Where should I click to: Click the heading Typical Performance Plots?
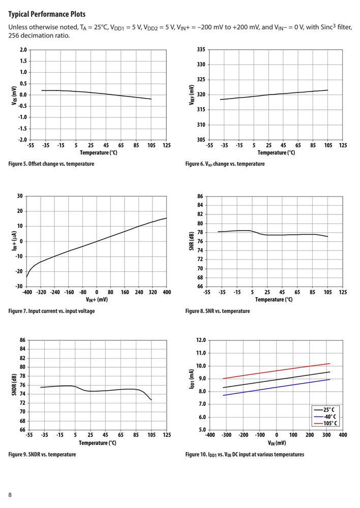(x=47, y=14)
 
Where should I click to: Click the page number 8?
(x=10, y=495)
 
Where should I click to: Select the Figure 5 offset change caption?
(x=51, y=164)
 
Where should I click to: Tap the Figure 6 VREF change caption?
(x=225, y=164)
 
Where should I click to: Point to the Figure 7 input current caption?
(x=51, y=311)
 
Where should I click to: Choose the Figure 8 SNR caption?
(x=218, y=311)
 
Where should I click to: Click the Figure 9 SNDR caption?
(x=42, y=454)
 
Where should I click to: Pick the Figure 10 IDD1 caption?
(x=245, y=454)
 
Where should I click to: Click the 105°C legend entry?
(x=325, y=424)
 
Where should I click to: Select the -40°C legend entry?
(x=325, y=417)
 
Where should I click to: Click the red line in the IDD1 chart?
(x=277, y=371)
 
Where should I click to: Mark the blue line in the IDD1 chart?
(x=277, y=387)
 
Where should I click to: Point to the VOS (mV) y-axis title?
(x=14, y=96)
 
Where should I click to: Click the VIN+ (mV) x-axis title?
(x=97, y=299)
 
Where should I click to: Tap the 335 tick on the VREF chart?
(x=201, y=50)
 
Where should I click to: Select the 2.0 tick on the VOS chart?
(x=23, y=50)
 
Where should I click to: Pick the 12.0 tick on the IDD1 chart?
(x=201, y=340)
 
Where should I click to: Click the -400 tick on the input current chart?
(x=27, y=292)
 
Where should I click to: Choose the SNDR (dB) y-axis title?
(x=14, y=385)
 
